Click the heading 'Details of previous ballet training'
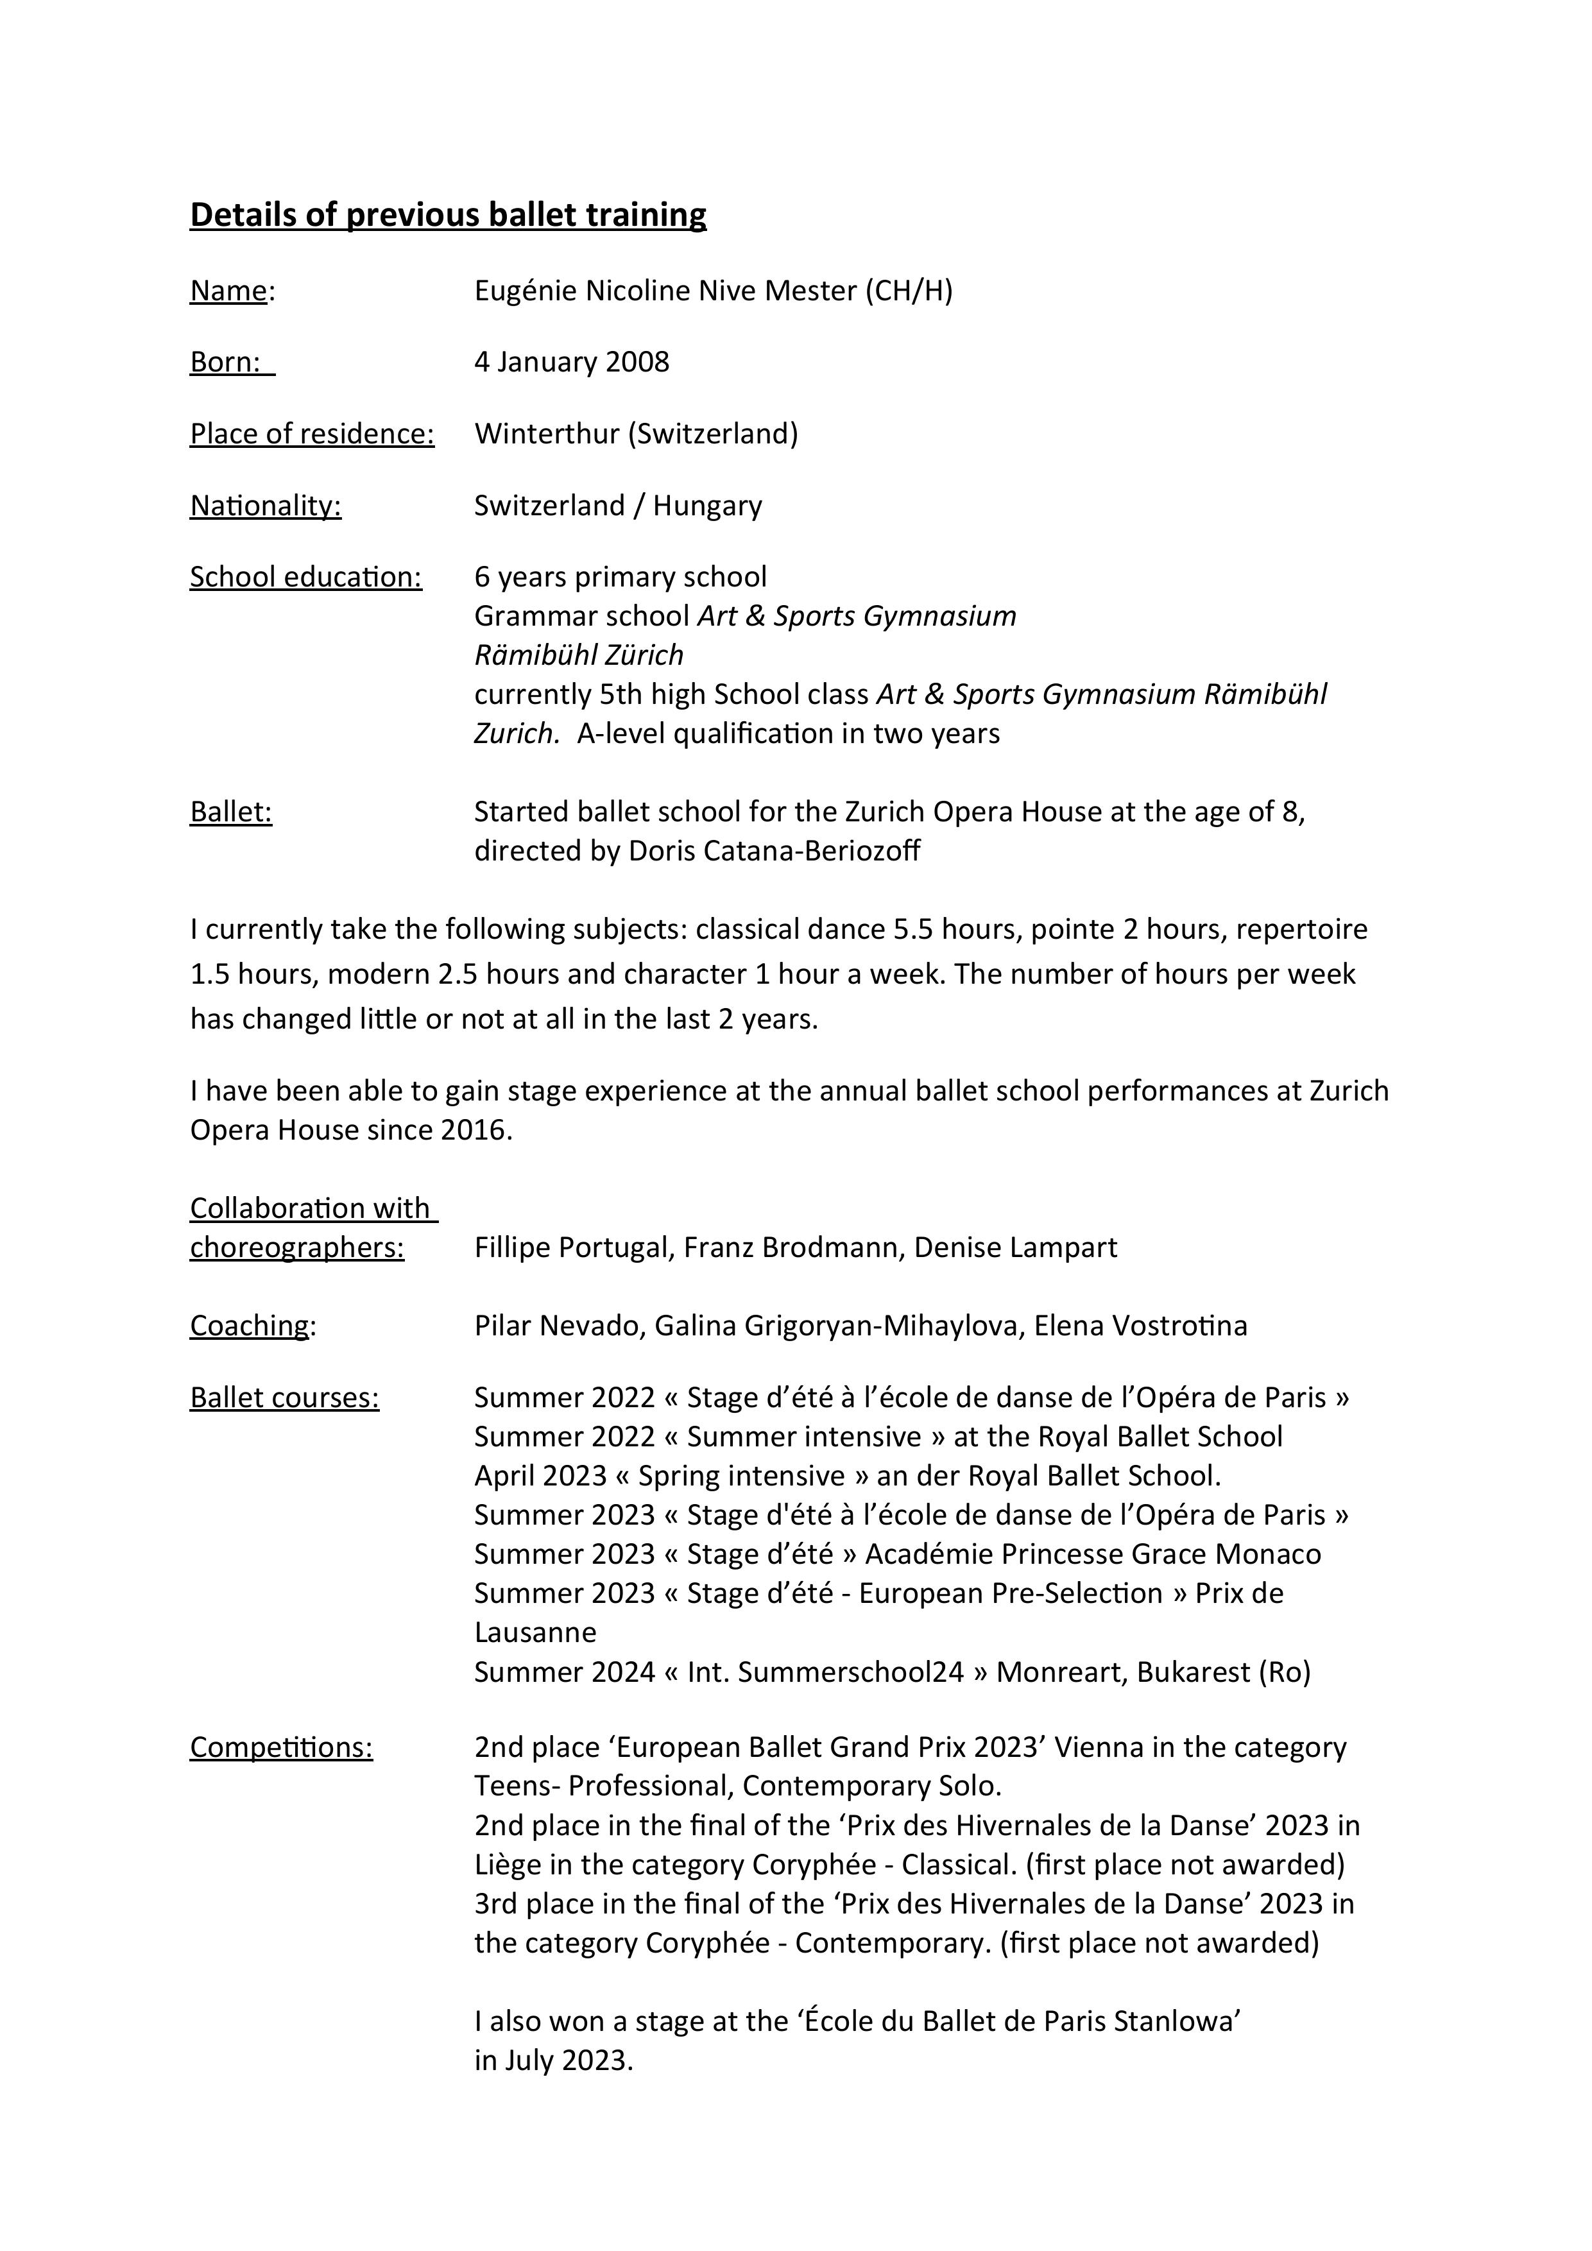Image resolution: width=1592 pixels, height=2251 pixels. [x=448, y=215]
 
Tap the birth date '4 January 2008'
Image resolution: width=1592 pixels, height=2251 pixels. [x=572, y=362]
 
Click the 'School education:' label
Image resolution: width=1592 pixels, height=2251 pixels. [x=306, y=578]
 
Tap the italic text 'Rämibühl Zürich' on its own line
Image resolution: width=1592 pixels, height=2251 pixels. [x=578, y=655]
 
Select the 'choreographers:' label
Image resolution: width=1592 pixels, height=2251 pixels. [x=297, y=1248]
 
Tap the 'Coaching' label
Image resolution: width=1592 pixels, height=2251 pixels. [x=249, y=1326]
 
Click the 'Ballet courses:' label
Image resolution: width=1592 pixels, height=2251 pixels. [x=284, y=1398]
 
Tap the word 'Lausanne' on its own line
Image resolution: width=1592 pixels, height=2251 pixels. [x=535, y=1632]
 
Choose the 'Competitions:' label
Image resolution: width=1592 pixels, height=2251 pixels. [x=281, y=1748]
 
